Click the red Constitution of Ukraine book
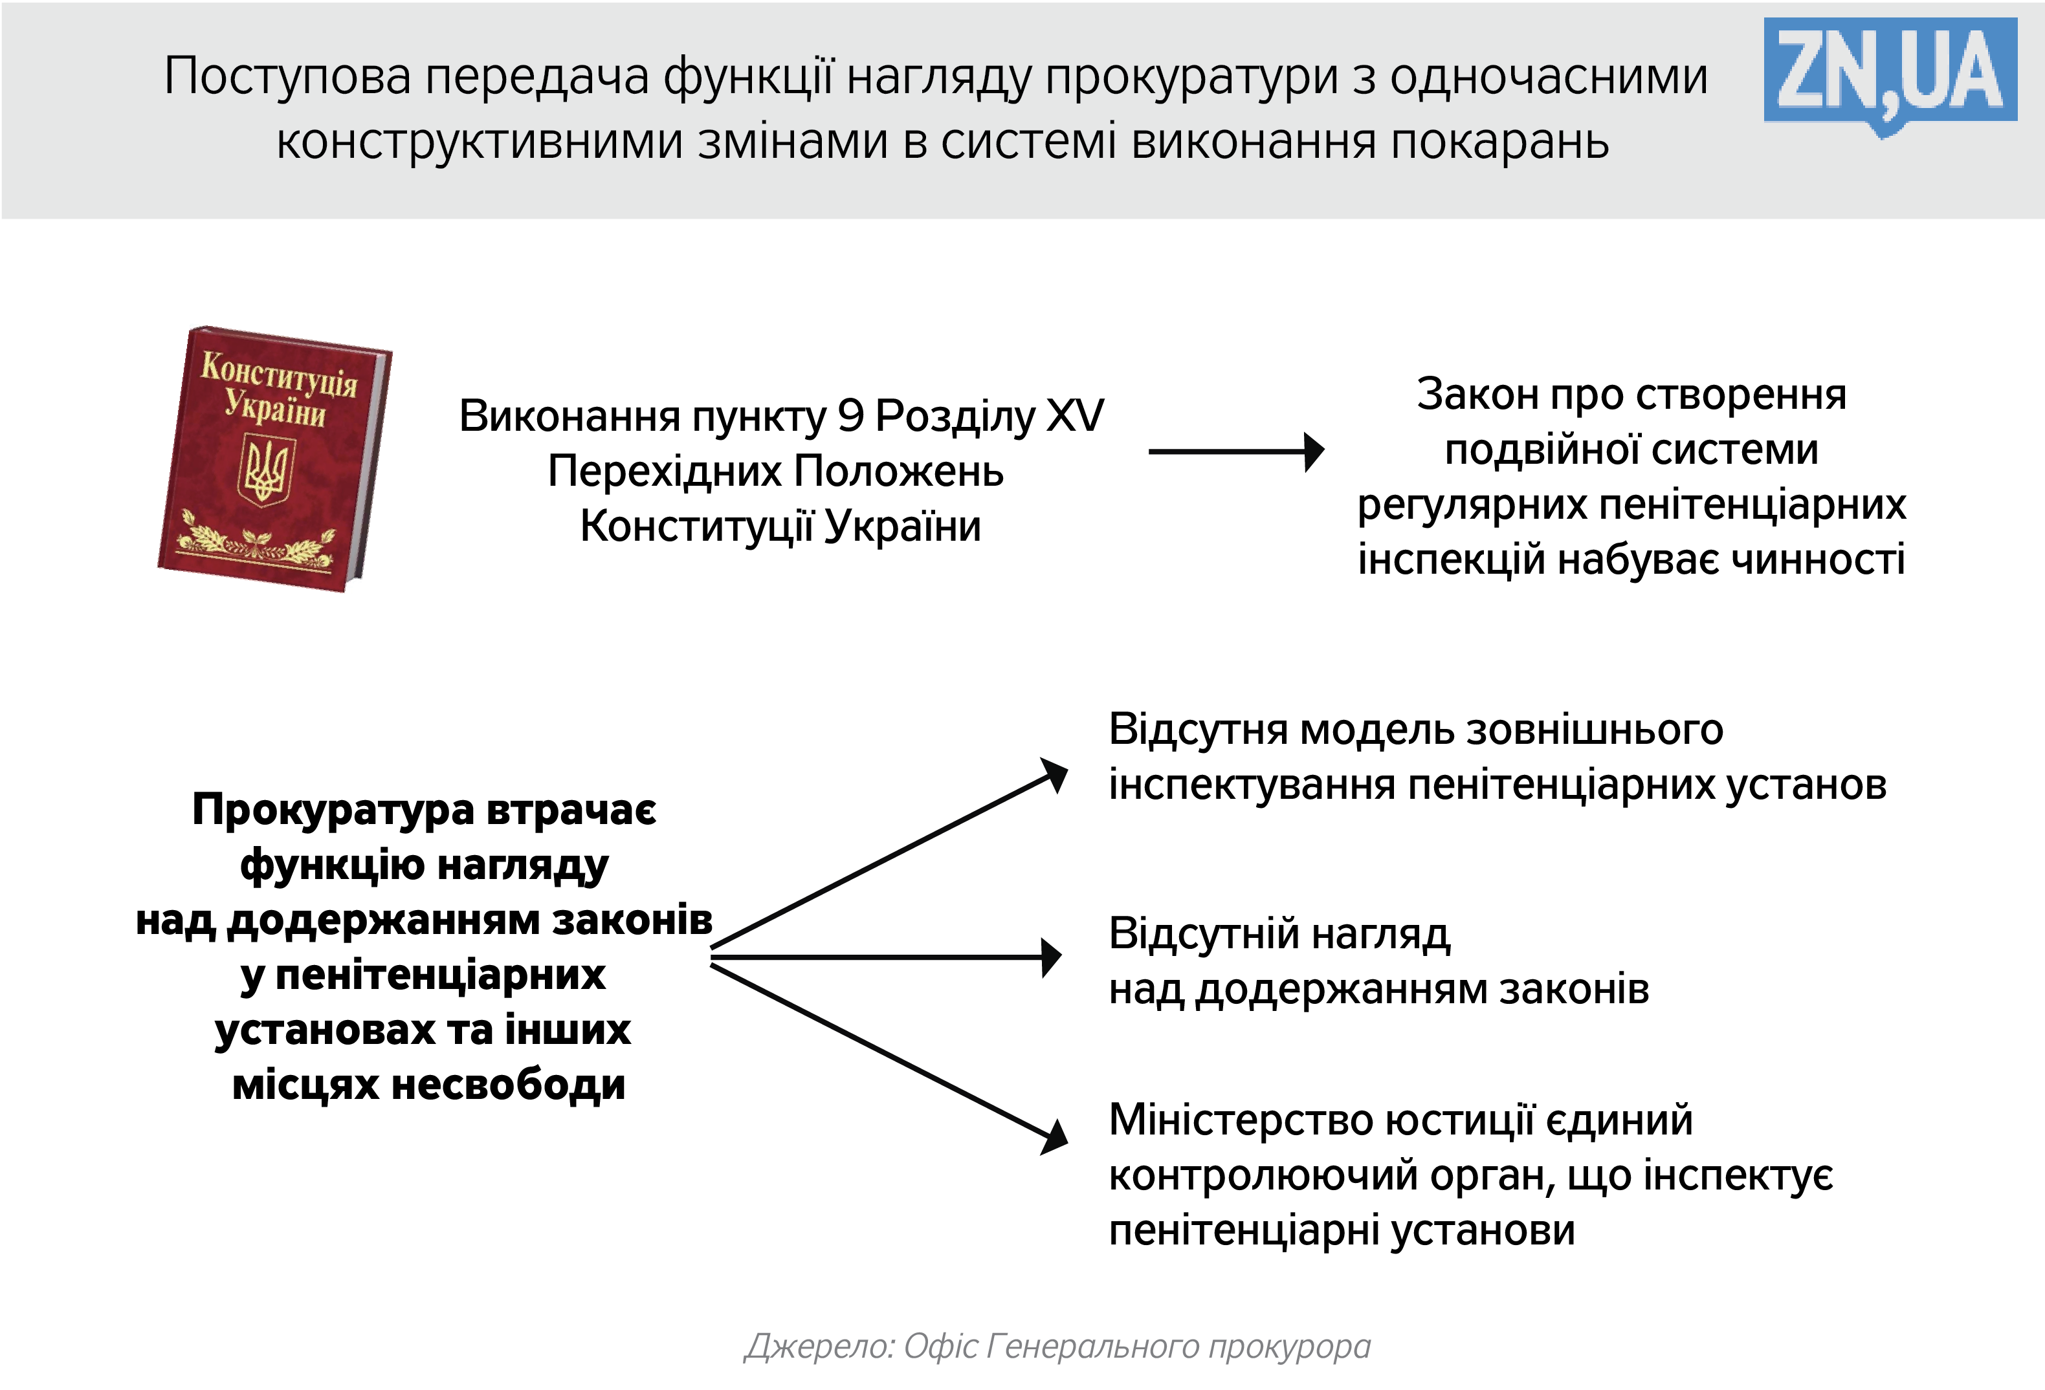[x=274, y=459]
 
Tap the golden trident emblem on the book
[x=264, y=471]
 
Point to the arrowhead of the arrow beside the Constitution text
[x=1314, y=452]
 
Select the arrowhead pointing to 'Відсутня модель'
[x=1054, y=775]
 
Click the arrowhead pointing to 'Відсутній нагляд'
[x=1051, y=957]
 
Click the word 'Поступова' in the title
[x=287, y=76]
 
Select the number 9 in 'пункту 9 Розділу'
[x=850, y=416]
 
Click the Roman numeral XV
[x=1074, y=416]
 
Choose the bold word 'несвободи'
[x=508, y=1085]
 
